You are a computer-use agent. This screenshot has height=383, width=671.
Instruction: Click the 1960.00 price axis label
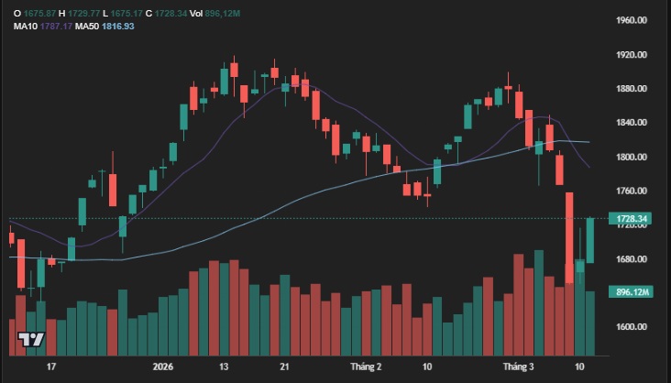coord(633,20)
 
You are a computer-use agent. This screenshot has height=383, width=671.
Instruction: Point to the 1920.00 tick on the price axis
coord(633,55)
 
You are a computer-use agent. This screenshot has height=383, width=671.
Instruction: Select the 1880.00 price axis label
coord(633,89)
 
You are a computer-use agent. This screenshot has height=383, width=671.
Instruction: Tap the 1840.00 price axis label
coord(633,123)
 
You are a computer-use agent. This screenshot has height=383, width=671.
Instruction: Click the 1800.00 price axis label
coord(633,158)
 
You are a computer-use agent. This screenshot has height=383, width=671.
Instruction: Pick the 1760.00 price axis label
coord(633,191)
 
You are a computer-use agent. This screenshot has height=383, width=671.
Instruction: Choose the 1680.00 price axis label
coord(633,259)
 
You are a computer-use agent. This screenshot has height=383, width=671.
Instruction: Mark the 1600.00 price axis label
coord(633,327)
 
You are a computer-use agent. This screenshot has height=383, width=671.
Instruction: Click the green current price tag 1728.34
coord(633,219)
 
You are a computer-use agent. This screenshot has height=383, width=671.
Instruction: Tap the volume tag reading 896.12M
coord(633,292)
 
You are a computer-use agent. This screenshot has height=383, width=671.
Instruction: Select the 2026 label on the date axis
coord(163,367)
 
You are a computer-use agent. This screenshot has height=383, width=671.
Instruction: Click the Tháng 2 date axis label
coord(365,367)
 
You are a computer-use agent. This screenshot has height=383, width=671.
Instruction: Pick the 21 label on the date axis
coord(284,367)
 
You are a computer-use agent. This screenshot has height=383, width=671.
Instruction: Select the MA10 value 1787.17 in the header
coord(55,26)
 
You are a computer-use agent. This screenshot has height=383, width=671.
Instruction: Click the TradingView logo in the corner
coord(32,339)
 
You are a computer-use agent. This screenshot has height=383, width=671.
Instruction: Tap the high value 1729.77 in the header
coord(85,11)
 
